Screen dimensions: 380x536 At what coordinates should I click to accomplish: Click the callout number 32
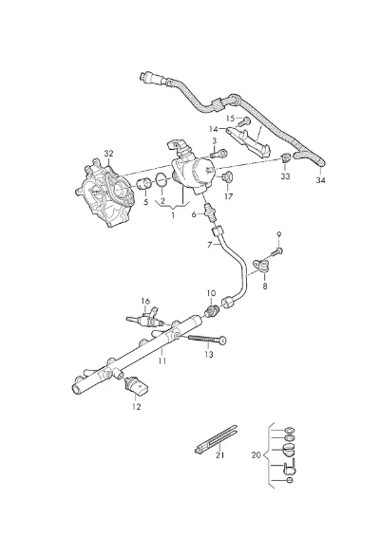tap(108, 154)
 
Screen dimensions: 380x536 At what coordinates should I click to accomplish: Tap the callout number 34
tap(320, 180)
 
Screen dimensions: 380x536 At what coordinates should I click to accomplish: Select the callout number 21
tap(219, 455)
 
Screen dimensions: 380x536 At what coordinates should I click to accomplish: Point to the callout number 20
tap(256, 455)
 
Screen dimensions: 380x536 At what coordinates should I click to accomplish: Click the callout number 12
tap(136, 407)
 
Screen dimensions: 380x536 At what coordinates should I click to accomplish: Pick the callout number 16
tap(145, 301)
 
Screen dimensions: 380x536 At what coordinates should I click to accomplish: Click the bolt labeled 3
tap(219, 154)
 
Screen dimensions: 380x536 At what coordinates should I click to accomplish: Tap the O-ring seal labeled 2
tap(161, 180)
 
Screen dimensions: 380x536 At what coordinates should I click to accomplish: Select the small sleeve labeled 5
tap(144, 184)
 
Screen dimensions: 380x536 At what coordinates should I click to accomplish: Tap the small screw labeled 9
tap(277, 252)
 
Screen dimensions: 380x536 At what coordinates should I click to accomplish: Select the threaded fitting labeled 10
tap(212, 311)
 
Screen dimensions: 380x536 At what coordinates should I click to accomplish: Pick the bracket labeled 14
tap(250, 140)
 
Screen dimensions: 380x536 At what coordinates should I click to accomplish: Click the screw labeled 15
tap(244, 121)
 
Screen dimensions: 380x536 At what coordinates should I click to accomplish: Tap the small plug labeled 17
tap(227, 176)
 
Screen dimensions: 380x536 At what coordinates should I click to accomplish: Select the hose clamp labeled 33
tap(286, 157)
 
